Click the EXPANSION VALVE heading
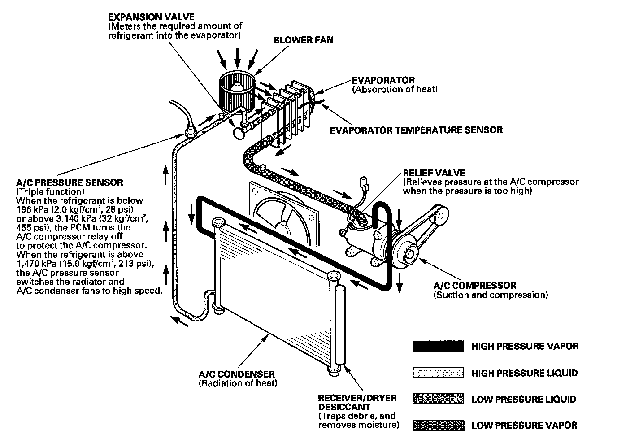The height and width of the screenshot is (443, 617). [x=151, y=17]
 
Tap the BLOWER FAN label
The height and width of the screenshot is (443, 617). [x=303, y=40]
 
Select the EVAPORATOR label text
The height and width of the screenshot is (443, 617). [x=383, y=80]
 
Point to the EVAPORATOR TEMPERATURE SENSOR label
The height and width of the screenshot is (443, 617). [x=416, y=130]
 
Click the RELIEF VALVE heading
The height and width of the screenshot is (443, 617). [x=434, y=173]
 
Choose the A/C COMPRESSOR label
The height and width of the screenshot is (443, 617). [x=474, y=286]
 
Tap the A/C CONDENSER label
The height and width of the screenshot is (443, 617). [x=237, y=374]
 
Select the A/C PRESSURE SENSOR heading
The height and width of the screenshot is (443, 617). [x=70, y=182]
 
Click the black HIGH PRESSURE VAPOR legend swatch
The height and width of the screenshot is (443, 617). [x=438, y=346]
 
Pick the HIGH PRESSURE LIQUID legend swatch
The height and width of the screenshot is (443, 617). [x=438, y=373]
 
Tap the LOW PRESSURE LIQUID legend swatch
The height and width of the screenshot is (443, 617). [x=438, y=399]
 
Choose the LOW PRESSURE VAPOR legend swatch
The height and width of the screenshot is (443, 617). [x=438, y=425]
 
